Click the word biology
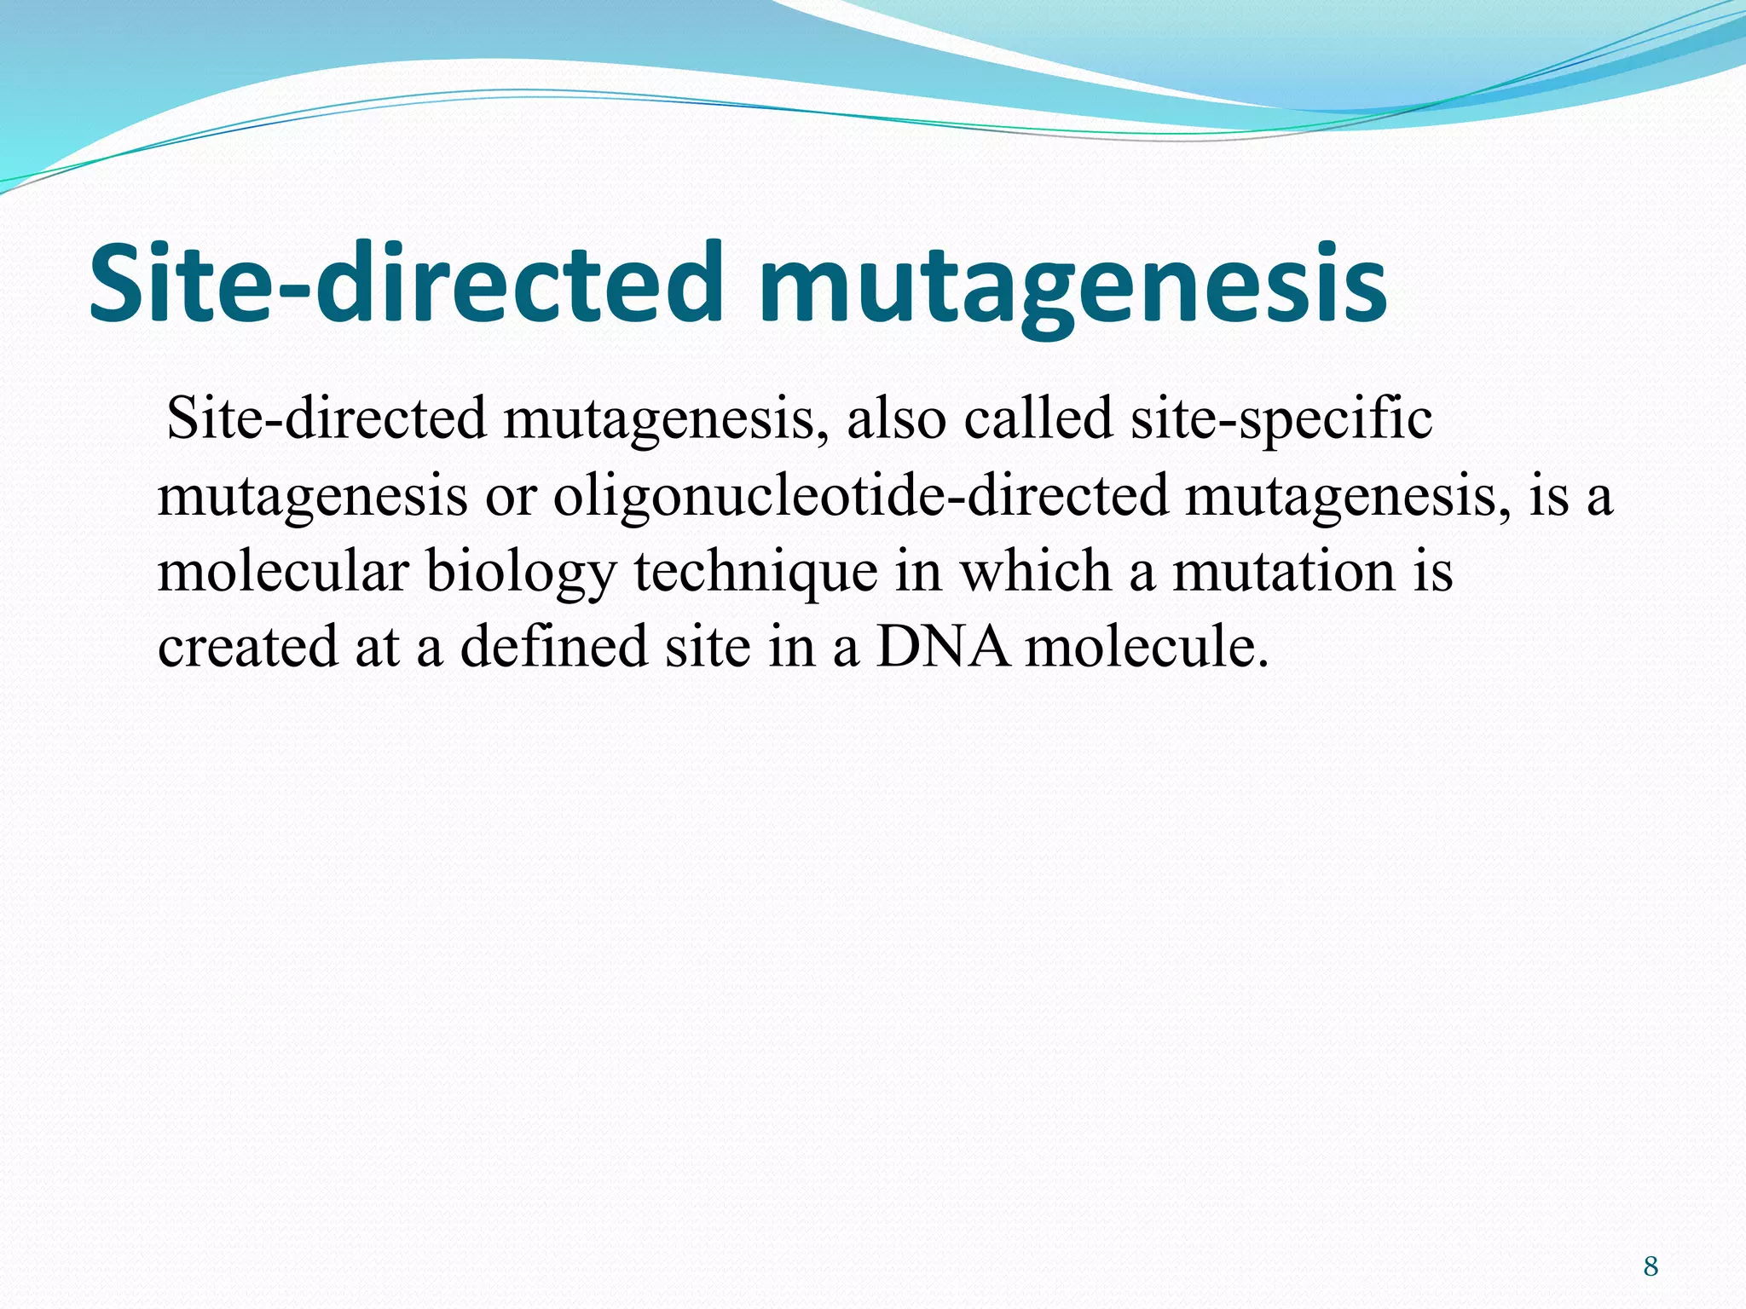[520, 572]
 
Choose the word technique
[755, 572]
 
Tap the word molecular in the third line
[283, 572]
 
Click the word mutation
[1284, 572]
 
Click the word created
[247, 647]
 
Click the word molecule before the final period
[1139, 647]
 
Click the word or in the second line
[510, 496]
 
